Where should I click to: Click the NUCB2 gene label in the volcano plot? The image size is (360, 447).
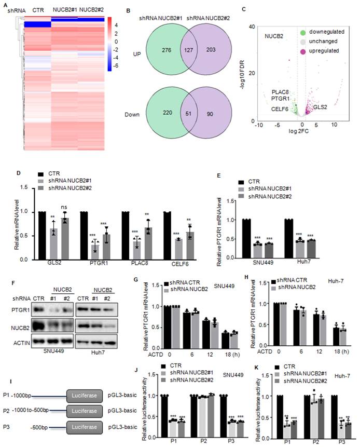pos(273,37)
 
